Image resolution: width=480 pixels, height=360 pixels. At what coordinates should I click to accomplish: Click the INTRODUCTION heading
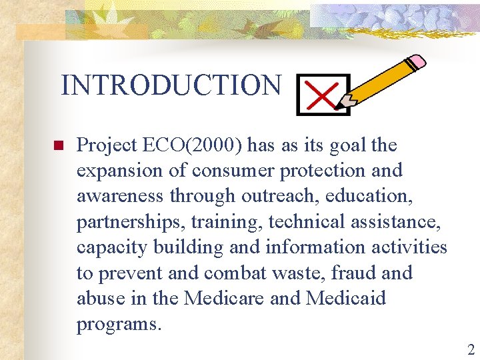(x=171, y=85)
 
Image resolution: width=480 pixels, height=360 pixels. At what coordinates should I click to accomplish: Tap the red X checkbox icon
(x=323, y=95)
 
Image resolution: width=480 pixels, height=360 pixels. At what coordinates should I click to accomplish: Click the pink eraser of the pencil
(x=416, y=62)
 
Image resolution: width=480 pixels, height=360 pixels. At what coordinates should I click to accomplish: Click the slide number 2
(x=471, y=349)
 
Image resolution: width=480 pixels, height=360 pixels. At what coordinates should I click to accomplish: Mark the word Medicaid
(x=345, y=298)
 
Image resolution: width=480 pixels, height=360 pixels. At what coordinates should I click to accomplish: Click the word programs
(x=118, y=324)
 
